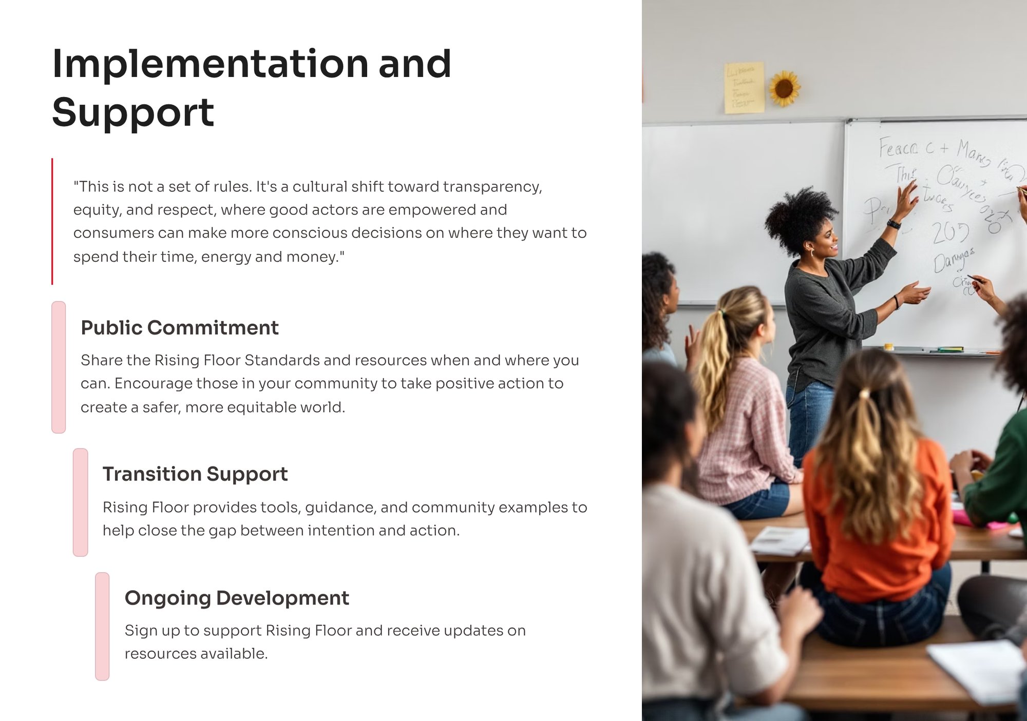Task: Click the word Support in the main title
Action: point(133,112)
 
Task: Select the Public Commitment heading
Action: point(179,327)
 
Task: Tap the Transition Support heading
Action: point(195,474)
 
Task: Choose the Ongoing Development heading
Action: point(236,598)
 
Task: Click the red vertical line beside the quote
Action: point(52,221)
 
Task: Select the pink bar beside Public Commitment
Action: point(59,367)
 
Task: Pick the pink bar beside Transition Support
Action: point(81,502)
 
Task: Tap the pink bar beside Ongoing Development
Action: point(102,626)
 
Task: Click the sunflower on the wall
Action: point(784,88)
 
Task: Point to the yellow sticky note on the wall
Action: point(744,87)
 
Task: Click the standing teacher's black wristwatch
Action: point(894,224)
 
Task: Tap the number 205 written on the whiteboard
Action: point(950,232)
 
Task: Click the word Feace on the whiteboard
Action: point(898,148)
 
